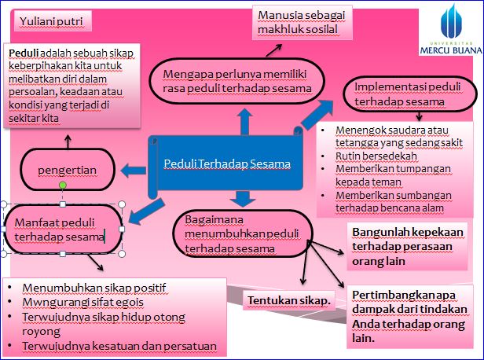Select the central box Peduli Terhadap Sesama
click(x=227, y=163)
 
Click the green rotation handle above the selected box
click(x=63, y=186)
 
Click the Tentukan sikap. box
click(x=290, y=301)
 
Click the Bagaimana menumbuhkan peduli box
click(x=242, y=233)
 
